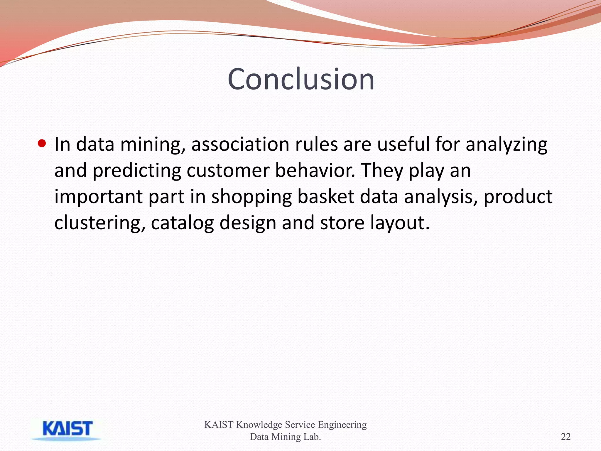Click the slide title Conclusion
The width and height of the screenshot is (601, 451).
[301, 79]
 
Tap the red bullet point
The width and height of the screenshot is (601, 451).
[42, 144]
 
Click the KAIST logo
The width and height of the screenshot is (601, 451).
[67, 429]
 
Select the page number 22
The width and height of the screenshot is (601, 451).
[565, 437]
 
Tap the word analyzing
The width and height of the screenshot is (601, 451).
[506, 145]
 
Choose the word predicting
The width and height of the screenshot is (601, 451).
[137, 171]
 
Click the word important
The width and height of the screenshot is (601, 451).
[98, 197]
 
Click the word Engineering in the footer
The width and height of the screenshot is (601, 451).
[342, 425]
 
